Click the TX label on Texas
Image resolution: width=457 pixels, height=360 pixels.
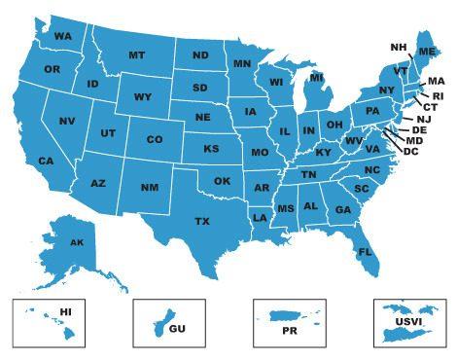point(201,222)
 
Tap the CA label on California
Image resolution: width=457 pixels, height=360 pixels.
point(46,161)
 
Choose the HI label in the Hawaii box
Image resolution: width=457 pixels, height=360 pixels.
point(66,311)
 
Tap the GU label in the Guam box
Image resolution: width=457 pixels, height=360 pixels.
point(177,328)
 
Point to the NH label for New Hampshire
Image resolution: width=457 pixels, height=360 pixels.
point(398,48)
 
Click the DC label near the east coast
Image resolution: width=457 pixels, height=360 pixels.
point(411,151)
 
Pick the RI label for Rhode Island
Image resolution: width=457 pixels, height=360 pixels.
point(437,95)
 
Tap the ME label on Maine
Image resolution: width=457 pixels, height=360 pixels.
point(426,51)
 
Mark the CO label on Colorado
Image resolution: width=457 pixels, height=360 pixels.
point(155,140)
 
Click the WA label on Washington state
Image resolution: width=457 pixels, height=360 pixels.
point(64,37)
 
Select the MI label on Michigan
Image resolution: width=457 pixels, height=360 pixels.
point(317,78)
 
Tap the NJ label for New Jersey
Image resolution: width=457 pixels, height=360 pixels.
point(423,119)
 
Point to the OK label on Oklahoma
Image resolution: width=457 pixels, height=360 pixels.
point(222,181)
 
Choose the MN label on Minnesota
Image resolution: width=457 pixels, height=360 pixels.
point(242,64)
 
